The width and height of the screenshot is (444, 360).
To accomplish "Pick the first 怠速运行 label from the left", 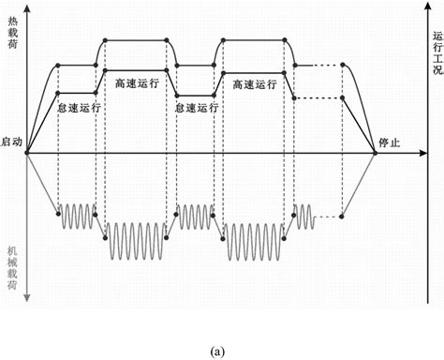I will tap(79, 107).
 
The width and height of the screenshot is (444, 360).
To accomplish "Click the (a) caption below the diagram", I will tap(218, 349).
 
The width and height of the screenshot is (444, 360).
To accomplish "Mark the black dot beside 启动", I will tap(29, 153).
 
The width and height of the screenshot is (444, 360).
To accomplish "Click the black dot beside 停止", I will tap(376, 153).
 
